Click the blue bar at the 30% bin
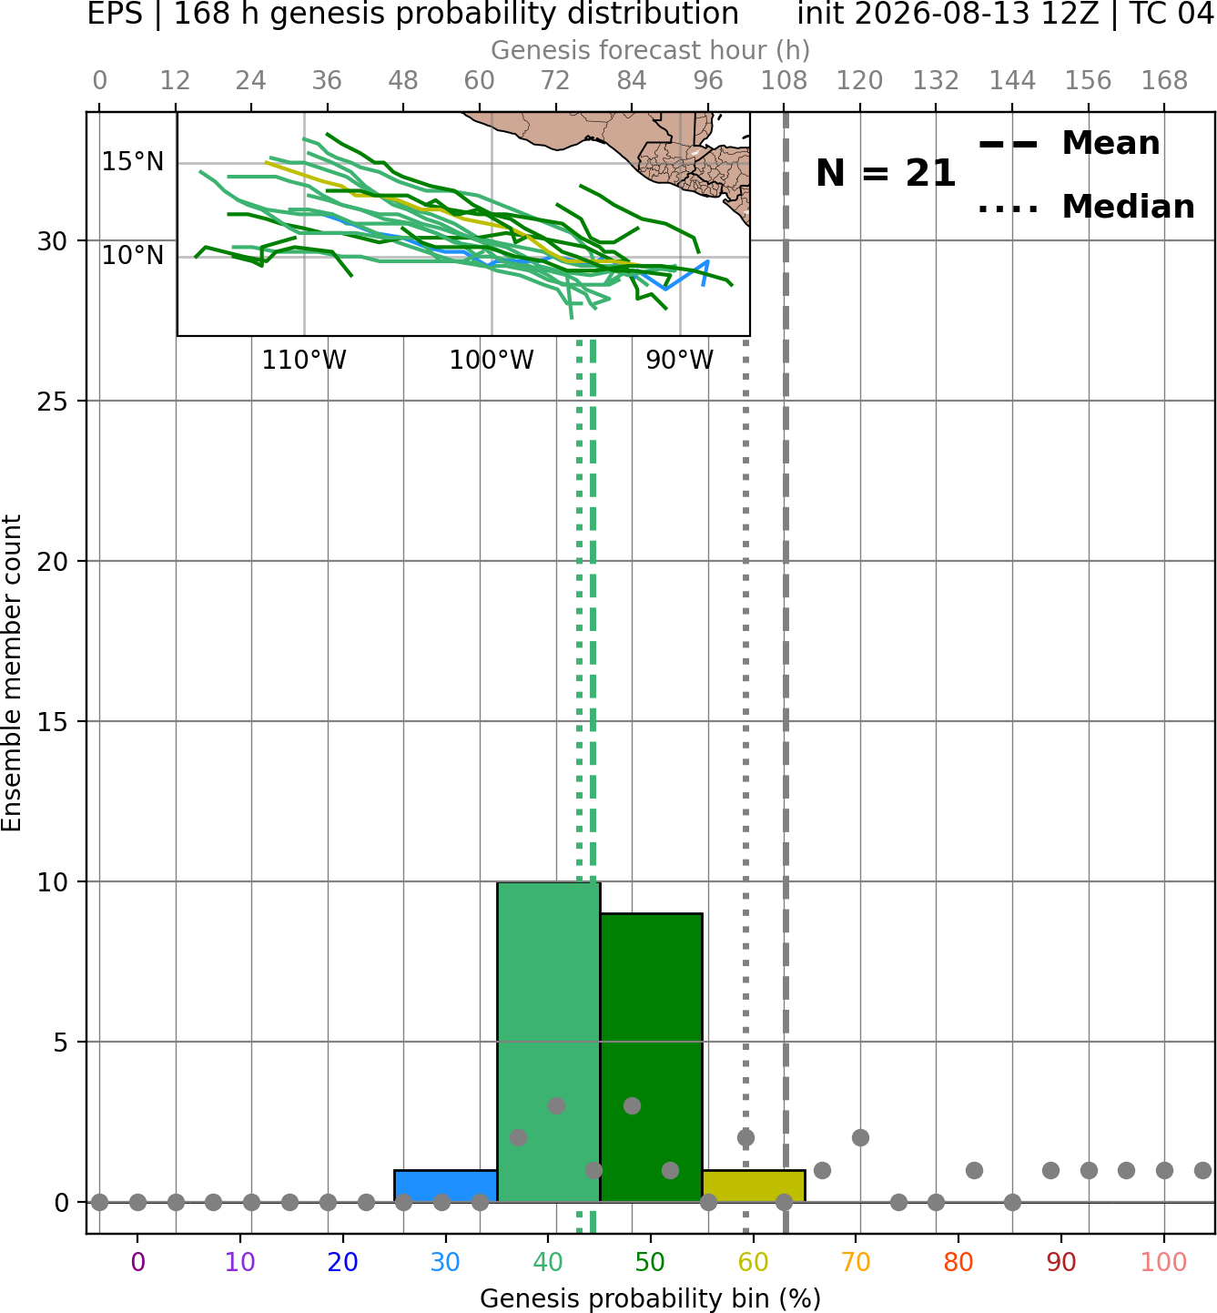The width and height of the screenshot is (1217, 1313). pyautogui.click(x=445, y=1186)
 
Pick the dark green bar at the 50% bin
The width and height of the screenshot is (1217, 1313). pyautogui.click(x=651, y=1058)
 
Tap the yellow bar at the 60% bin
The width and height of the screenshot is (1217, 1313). pyautogui.click(x=754, y=1186)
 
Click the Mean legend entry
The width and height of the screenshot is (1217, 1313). pyautogui.click(x=1070, y=144)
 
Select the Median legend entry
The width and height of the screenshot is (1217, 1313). pyautogui.click(x=1087, y=207)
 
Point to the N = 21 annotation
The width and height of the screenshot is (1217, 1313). pyautogui.click(x=886, y=173)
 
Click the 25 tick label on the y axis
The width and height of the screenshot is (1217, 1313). pyautogui.click(x=53, y=402)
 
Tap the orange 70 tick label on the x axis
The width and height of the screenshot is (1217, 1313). pyautogui.click(x=856, y=1262)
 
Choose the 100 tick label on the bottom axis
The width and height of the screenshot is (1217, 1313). pyautogui.click(x=1164, y=1262)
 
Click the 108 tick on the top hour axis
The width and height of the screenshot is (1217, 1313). pyautogui.click(x=784, y=81)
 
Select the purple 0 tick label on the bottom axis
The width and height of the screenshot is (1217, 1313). pyautogui.click(x=137, y=1262)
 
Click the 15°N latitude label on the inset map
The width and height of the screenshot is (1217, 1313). pyautogui.click(x=132, y=162)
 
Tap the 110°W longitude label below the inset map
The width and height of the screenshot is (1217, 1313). pyautogui.click(x=304, y=361)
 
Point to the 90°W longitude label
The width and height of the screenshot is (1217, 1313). pyautogui.click(x=680, y=361)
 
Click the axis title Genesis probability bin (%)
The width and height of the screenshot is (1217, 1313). pyautogui.click(x=651, y=1298)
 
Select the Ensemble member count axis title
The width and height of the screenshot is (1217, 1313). pyautogui.click(x=12, y=673)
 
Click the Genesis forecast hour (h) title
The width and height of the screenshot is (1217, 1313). pyautogui.click(x=651, y=50)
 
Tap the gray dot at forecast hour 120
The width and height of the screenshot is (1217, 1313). pyautogui.click(x=860, y=1138)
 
